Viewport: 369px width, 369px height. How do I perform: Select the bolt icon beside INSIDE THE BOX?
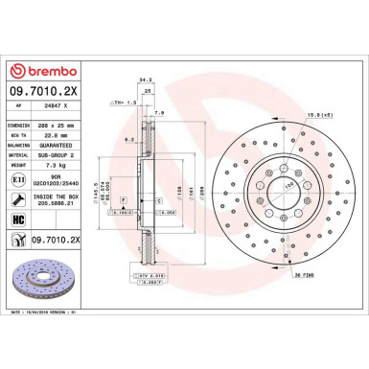(16, 199)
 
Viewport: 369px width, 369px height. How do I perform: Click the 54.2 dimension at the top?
(146, 80)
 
